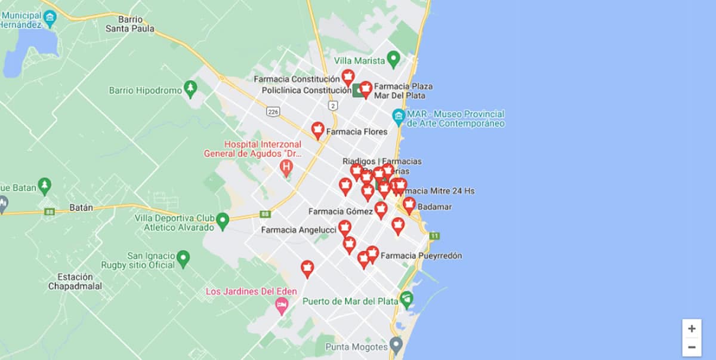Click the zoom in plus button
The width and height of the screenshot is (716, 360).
[692, 328]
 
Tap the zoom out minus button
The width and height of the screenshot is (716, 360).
[692, 347]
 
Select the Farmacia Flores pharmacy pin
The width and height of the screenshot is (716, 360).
[318, 130]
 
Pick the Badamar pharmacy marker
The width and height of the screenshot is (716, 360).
[409, 205]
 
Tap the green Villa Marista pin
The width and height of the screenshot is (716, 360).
[393, 59]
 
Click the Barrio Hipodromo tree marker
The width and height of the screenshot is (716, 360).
[190, 89]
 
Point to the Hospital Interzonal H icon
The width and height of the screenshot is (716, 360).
[286, 167]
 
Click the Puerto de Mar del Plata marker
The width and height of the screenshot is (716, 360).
[406, 299]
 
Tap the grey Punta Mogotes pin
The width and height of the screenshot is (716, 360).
[396, 344]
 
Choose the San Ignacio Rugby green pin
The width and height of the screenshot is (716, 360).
[184, 259]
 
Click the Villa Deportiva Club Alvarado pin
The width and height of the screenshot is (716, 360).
[223, 221]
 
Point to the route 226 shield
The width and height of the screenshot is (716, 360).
[274, 112]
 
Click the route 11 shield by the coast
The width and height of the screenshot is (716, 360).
[434, 236]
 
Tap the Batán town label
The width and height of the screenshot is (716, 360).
[81, 208]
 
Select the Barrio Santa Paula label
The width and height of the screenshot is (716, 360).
[129, 24]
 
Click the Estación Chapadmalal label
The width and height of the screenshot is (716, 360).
[75, 281]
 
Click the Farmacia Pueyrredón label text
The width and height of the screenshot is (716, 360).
[421, 256]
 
